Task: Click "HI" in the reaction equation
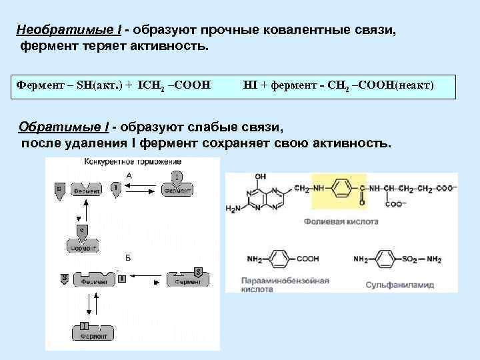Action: tap(253, 85)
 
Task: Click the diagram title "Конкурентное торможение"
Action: tap(123, 162)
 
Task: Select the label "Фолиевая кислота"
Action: tap(341, 221)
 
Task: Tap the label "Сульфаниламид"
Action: tap(399, 285)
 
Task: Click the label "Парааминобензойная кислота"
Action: tap(278, 285)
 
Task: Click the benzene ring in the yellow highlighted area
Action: tap(340, 189)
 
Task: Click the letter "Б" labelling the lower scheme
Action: tap(128, 257)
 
